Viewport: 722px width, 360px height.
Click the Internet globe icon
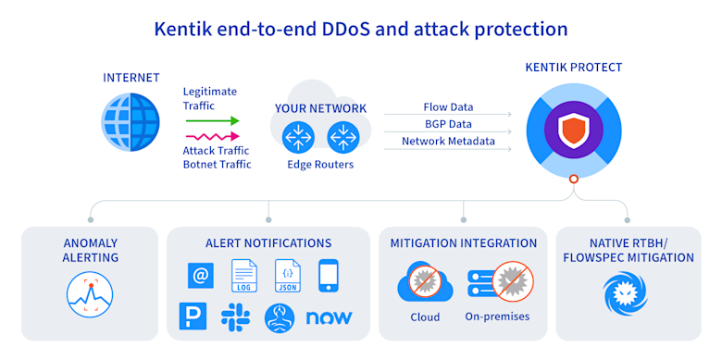pos(131,123)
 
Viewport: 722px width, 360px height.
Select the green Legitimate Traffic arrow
pos(212,121)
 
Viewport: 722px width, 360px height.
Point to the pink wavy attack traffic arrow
pos(212,136)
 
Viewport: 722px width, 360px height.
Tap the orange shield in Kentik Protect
pos(573,130)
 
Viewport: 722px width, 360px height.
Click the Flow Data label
pos(448,107)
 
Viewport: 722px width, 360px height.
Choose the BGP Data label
pos(448,124)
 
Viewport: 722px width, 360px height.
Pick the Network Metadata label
pos(448,141)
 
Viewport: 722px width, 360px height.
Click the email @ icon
pos(201,276)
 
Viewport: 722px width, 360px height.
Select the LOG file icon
pos(243,276)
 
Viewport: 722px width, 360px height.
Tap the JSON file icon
pos(287,276)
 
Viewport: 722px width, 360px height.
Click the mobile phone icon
pos(329,275)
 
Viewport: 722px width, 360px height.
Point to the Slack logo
pos(235,317)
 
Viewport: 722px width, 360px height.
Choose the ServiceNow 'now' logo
pos(329,317)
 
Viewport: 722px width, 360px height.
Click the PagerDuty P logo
pos(193,317)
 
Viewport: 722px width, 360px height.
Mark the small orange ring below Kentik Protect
pos(573,180)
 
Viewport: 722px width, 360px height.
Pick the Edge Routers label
pos(320,165)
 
